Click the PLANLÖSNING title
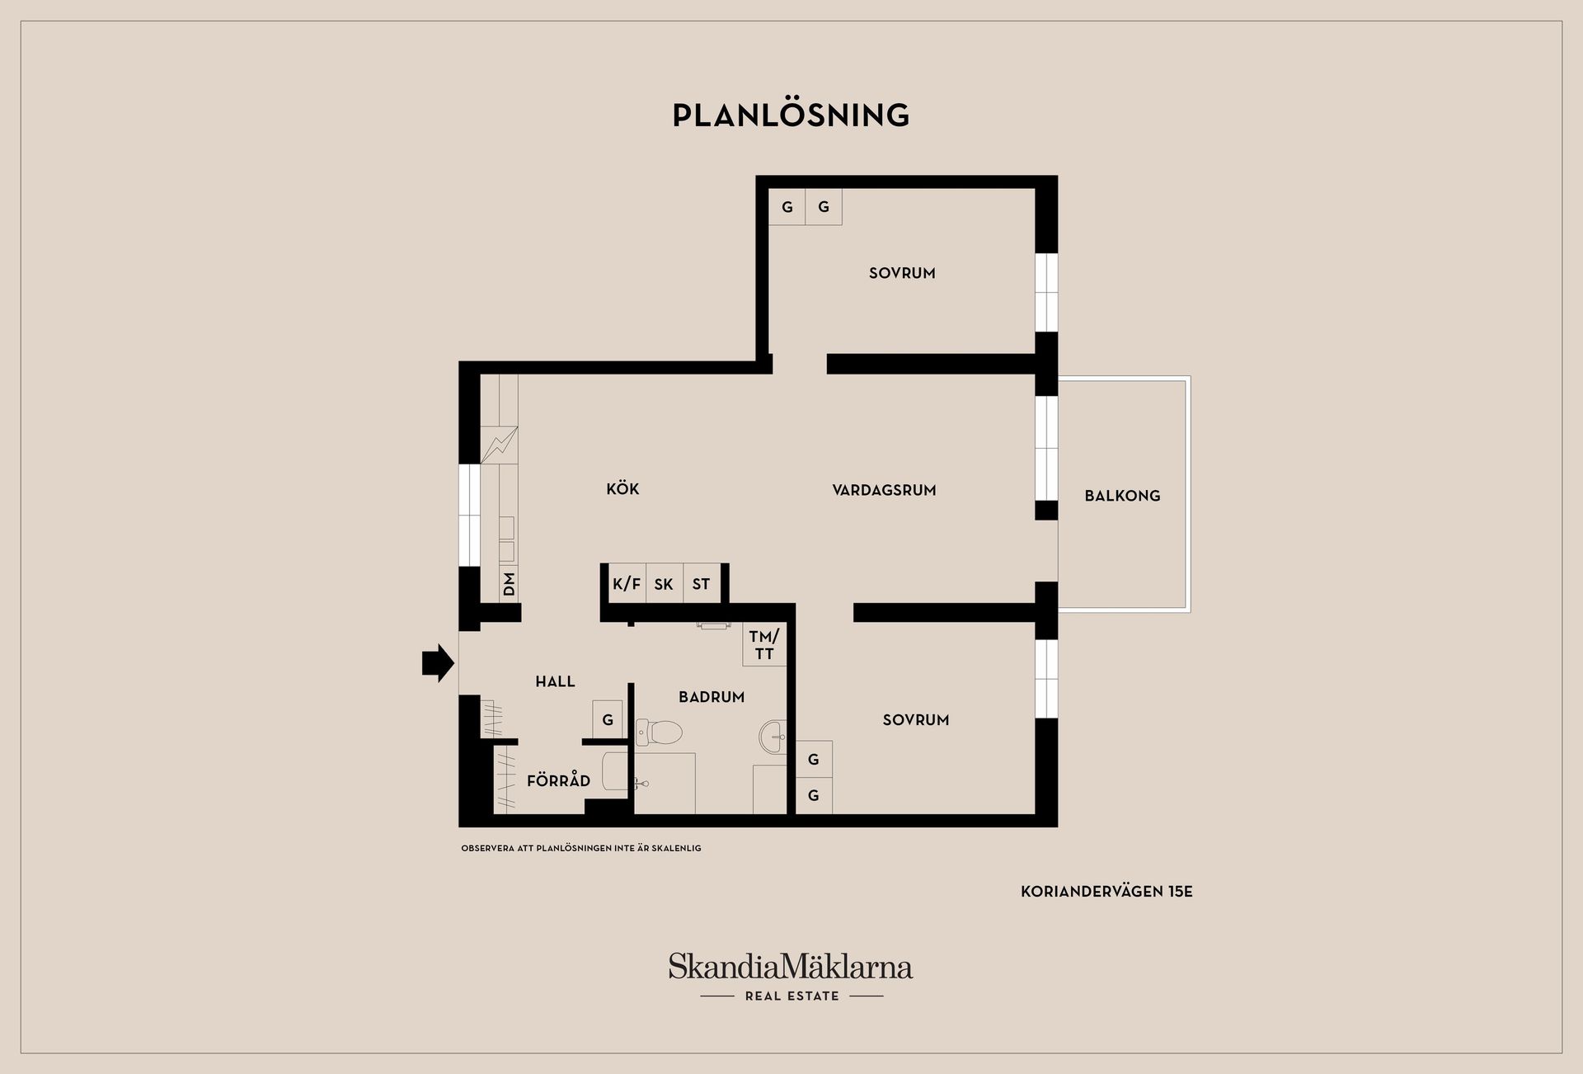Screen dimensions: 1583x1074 [x=791, y=115]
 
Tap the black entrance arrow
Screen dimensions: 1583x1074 [x=438, y=662]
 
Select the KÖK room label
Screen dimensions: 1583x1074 [x=622, y=488]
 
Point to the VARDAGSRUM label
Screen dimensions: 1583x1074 [x=884, y=490]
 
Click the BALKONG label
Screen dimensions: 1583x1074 [x=1122, y=496]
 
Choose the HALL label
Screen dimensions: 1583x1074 [x=555, y=681]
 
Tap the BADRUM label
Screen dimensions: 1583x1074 [x=712, y=697]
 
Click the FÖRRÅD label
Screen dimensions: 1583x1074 [x=558, y=780]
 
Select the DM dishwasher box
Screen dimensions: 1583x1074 [x=509, y=584]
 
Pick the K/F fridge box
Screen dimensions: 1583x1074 [x=627, y=584]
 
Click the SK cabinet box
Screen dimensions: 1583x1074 [x=664, y=584]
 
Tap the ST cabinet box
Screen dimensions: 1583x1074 [x=702, y=584]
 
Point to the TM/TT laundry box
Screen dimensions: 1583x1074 [x=764, y=645]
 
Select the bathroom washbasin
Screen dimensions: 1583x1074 [x=773, y=735]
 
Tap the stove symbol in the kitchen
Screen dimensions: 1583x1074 [x=499, y=445]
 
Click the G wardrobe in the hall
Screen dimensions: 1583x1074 [x=608, y=719]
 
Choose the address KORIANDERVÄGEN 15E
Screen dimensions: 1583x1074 [x=1106, y=892]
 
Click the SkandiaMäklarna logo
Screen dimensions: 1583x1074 [x=791, y=977]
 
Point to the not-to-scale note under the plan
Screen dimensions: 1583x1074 [x=581, y=848]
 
